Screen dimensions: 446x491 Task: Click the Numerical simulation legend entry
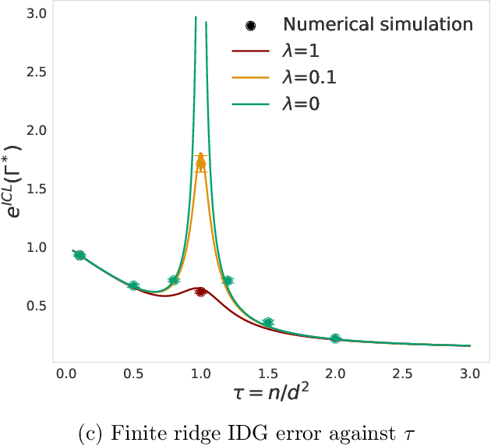(x=378, y=24)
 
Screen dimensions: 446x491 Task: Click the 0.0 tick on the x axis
(x=65, y=375)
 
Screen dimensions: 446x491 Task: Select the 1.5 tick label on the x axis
(x=268, y=375)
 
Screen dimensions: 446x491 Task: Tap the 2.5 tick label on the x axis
(x=403, y=375)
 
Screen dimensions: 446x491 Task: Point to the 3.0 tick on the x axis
(x=470, y=375)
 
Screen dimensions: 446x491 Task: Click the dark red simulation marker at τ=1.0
(x=201, y=292)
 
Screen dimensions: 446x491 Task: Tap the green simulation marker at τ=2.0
(x=335, y=338)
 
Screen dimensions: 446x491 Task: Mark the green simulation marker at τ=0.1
(x=79, y=256)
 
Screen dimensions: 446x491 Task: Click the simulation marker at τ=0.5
(x=133, y=286)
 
